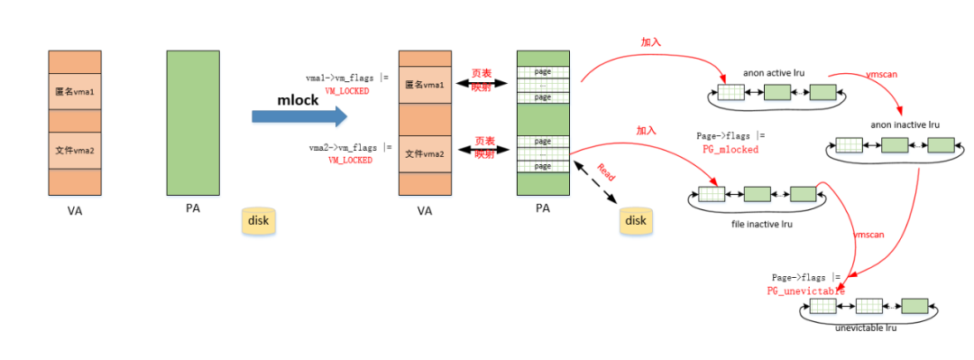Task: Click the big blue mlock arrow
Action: [298, 115]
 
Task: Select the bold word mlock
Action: [298, 100]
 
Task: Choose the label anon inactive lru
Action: [893, 124]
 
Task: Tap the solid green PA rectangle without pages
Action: [193, 123]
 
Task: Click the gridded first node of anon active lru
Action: [730, 92]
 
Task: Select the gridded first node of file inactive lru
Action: [710, 194]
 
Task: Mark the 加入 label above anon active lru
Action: [651, 42]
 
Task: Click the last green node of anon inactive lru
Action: [941, 145]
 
